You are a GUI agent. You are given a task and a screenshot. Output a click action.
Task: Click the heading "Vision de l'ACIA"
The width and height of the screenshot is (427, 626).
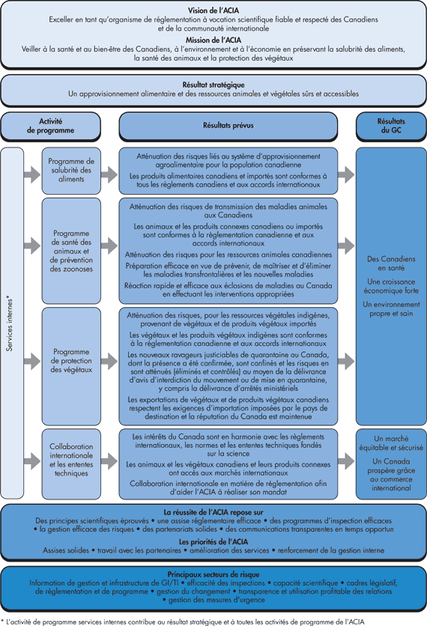[x=213, y=10]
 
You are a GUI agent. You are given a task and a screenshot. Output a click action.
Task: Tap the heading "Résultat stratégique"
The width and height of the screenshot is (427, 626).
[x=213, y=85]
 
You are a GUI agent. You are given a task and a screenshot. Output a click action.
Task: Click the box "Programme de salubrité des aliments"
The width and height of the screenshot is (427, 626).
[x=70, y=171]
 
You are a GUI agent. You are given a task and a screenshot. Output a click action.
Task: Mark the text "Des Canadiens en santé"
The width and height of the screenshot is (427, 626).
[x=390, y=263]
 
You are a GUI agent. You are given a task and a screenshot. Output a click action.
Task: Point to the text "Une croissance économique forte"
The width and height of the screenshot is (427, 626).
[x=390, y=286]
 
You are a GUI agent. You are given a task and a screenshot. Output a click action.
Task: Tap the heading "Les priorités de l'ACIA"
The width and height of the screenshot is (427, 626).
[x=213, y=541]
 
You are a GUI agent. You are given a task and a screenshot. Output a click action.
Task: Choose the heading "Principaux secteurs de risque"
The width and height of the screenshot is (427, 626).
[x=213, y=573]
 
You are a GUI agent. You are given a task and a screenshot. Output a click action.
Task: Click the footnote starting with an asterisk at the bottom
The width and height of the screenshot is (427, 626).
[x=183, y=620]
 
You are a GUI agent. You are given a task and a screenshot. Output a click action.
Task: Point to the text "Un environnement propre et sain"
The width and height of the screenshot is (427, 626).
[x=390, y=309]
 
